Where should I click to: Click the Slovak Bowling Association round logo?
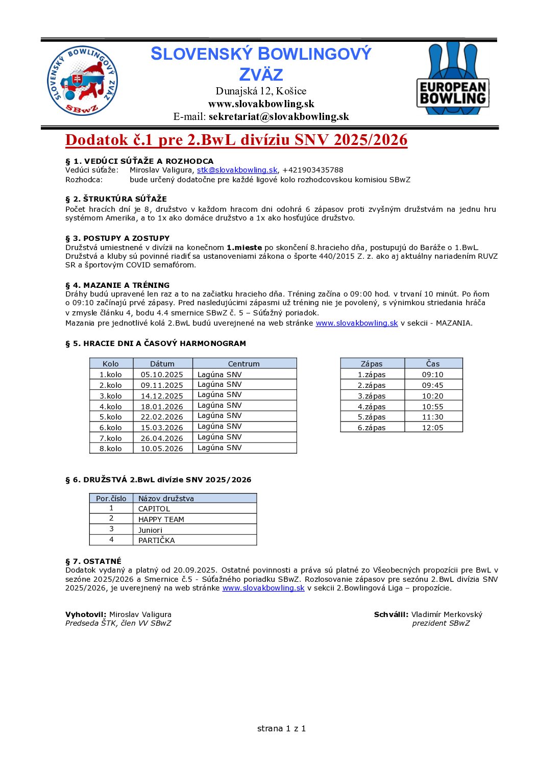point(82,81)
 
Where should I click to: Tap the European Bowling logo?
point(453,79)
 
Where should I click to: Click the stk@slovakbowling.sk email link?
point(237,170)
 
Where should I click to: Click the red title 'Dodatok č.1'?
point(236,140)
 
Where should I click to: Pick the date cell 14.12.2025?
point(162,396)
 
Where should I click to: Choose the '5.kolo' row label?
point(111,417)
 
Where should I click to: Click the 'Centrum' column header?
point(243,364)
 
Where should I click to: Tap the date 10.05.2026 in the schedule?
point(162,449)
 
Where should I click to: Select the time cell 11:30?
point(432,417)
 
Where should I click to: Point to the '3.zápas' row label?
point(371,396)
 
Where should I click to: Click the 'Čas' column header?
point(432,364)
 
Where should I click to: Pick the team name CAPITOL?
point(154,509)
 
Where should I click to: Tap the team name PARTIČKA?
point(156,540)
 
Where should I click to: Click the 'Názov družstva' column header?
point(166,499)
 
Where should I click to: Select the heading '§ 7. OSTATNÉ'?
point(93,561)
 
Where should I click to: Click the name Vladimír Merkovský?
point(447,614)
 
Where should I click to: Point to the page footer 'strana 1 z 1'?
point(281,728)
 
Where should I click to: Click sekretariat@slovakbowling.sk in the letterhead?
point(279,116)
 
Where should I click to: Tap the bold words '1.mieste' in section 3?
point(244,248)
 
